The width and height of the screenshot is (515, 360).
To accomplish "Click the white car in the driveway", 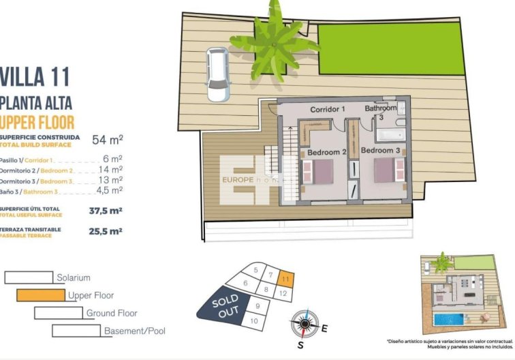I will [217, 74].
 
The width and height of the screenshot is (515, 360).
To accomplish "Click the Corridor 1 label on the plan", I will [328, 109].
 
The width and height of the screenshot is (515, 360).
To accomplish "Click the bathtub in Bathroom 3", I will [388, 134].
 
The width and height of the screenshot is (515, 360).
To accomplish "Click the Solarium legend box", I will [29, 277].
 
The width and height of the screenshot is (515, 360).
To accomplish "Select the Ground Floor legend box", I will [58, 313].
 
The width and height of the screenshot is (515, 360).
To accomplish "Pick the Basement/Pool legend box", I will [76, 331].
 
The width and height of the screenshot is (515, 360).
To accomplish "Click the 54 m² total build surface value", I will [107, 140].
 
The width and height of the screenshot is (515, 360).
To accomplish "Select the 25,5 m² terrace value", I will [106, 231].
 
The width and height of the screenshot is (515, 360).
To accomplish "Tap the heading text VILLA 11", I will [35, 76].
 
